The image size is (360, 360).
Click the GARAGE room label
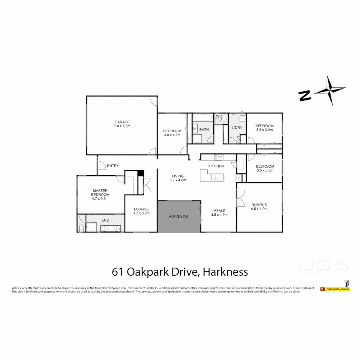click(x=122, y=122)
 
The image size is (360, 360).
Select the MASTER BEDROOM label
click(x=100, y=193)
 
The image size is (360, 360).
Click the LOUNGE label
click(x=142, y=209)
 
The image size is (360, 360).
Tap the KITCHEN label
click(x=216, y=166)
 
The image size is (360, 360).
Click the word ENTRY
click(x=113, y=166)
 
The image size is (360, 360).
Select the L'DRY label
click(x=237, y=128)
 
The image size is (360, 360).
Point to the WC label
click(x=219, y=116)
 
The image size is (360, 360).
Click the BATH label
click(x=204, y=129)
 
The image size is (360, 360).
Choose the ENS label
click(x=105, y=220)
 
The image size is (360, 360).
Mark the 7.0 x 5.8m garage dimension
click(x=122, y=126)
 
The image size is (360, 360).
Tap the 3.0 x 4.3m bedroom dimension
click(x=172, y=135)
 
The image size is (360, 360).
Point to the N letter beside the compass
click(x=305, y=96)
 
